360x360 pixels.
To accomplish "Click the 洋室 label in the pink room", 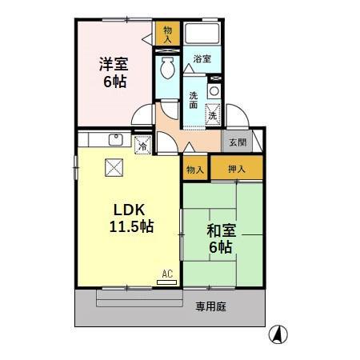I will (x=113, y=64).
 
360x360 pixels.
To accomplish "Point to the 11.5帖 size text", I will (x=131, y=226).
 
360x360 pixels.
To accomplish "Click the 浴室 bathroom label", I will (x=202, y=59).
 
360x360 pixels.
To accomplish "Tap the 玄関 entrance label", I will (x=238, y=142).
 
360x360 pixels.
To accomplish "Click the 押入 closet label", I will (x=236, y=169).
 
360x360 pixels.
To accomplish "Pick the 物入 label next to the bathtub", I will (x=167, y=34).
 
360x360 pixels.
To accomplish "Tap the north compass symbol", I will (x=278, y=334).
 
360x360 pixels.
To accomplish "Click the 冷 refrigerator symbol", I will (x=142, y=146).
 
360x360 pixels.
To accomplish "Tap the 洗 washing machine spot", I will (x=213, y=114).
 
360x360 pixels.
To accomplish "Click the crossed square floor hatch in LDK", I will (x=114, y=168).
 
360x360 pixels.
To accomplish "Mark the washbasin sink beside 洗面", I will (x=214, y=91).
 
